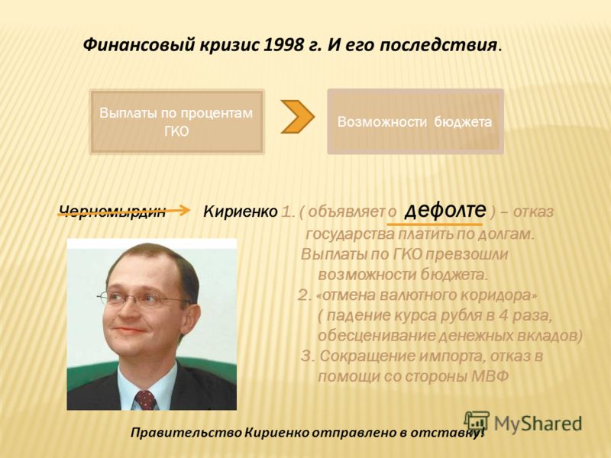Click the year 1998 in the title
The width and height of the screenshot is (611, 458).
point(283,45)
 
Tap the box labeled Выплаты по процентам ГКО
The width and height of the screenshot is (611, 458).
point(176,122)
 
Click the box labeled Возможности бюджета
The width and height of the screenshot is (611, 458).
point(415,121)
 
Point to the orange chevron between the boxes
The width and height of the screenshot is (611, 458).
point(297,117)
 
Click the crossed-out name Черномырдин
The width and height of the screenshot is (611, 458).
point(112,211)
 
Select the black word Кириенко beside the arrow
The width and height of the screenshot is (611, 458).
point(241,212)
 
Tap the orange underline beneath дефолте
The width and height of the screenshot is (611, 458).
point(435,224)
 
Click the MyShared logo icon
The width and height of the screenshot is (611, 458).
point(477,422)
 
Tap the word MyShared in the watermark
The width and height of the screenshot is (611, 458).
point(538,424)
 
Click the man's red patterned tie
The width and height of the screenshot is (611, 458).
point(145,400)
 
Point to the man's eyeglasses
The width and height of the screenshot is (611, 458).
point(144,298)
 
